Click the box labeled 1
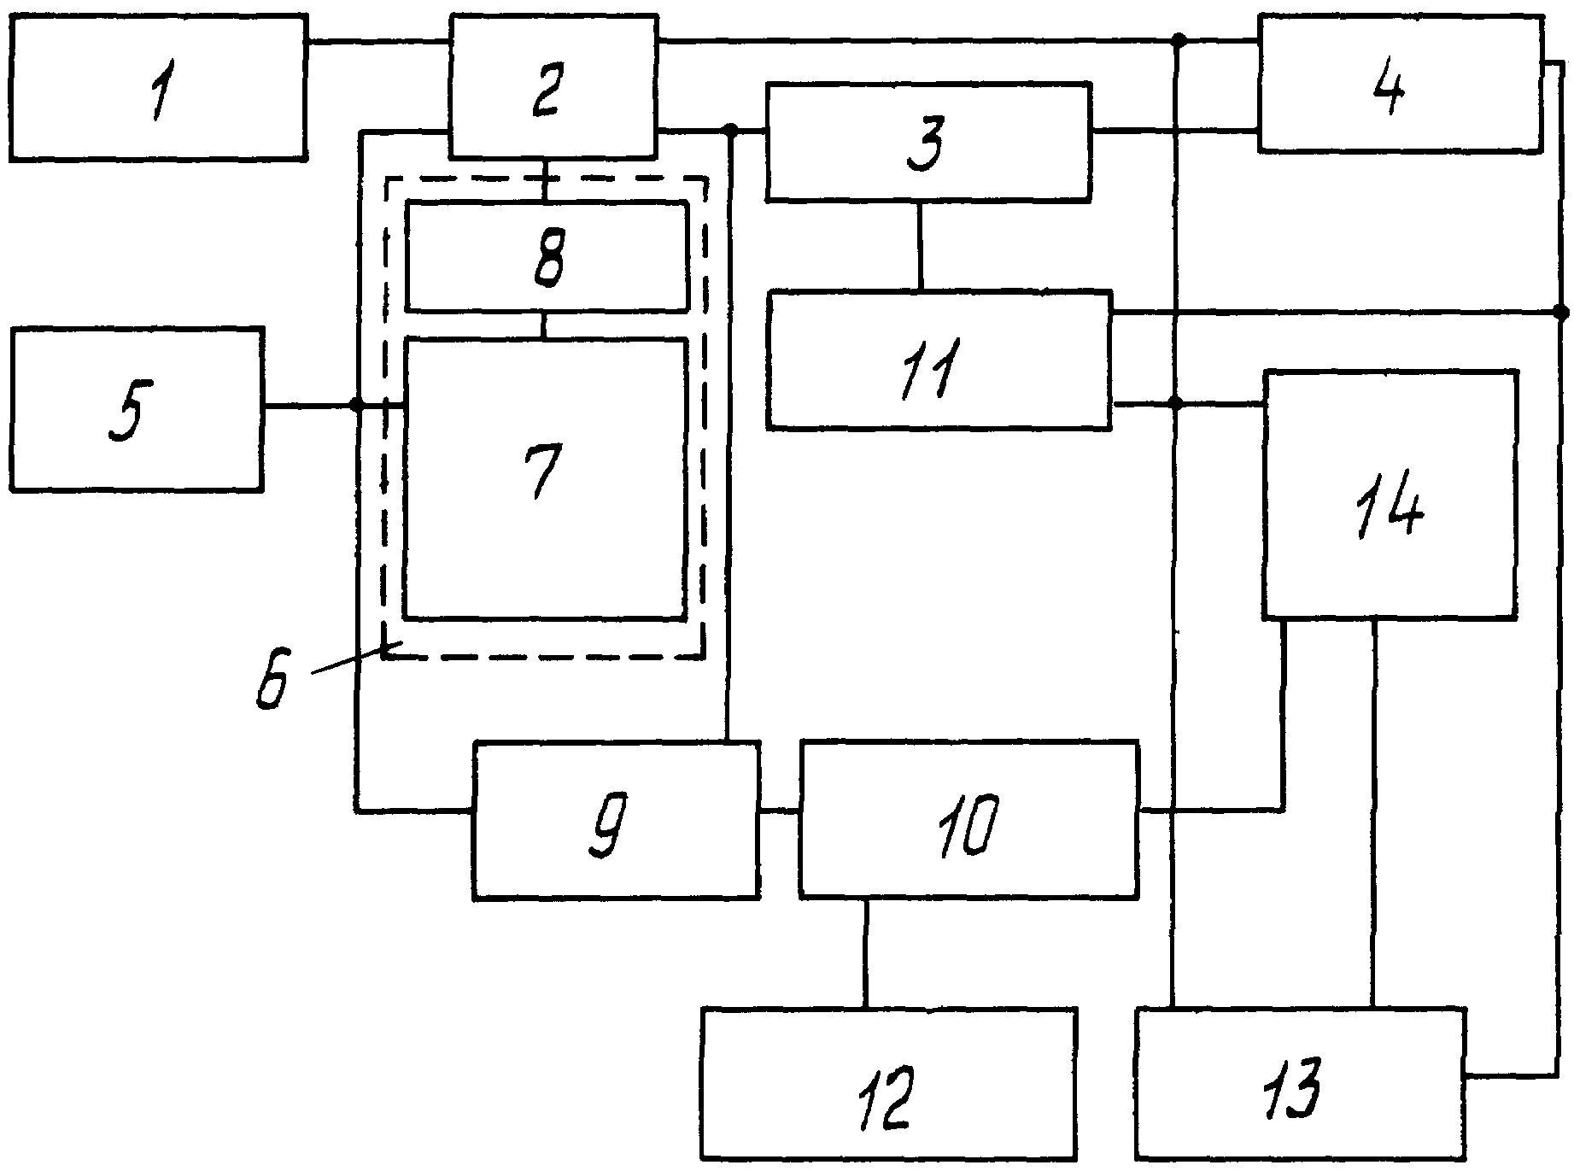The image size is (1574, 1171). pyautogui.click(x=158, y=86)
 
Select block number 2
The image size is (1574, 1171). pyautogui.click(x=553, y=86)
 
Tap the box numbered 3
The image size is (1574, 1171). pyautogui.click(x=928, y=142)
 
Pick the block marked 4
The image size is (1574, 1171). pyautogui.click(x=1400, y=84)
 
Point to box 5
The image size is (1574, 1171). pyautogui.click(x=136, y=409)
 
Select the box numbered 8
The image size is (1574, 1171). pyautogui.click(x=547, y=256)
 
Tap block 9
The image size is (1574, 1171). pyautogui.click(x=616, y=821)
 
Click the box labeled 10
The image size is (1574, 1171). pyautogui.click(x=968, y=821)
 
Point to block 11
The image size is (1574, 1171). pyautogui.click(x=939, y=360)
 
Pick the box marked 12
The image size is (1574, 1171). pyautogui.click(x=888, y=1085)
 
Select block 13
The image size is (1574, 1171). pyautogui.click(x=1298, y=1085)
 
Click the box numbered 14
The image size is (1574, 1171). pyautogui.click(x=1390, y=494)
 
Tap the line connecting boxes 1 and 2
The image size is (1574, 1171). pyautogui.click(x=378, y=41)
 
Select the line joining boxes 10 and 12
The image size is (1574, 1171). pyautogui.click(x=865, y=953)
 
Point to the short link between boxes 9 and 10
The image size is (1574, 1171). pyautogui.click(x=779, y=811)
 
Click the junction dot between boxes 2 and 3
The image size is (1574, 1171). pyautogui.click(x=731, y=130)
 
